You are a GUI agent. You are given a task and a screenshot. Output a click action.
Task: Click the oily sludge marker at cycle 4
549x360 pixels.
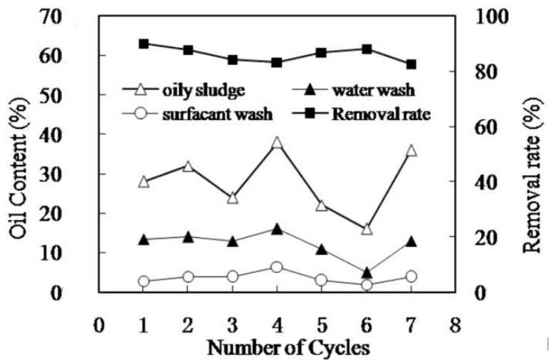(x=277, y=143)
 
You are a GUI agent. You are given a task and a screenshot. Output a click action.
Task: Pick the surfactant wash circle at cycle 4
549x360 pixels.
(x=277, y=267)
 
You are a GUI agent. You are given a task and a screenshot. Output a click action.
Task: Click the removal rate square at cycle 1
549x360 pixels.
(x=143, y=44)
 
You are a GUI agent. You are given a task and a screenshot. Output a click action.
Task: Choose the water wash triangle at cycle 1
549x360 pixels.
(x=143, y=240)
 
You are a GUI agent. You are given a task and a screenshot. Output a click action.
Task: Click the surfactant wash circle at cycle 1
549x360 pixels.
(x=143, y=281)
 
